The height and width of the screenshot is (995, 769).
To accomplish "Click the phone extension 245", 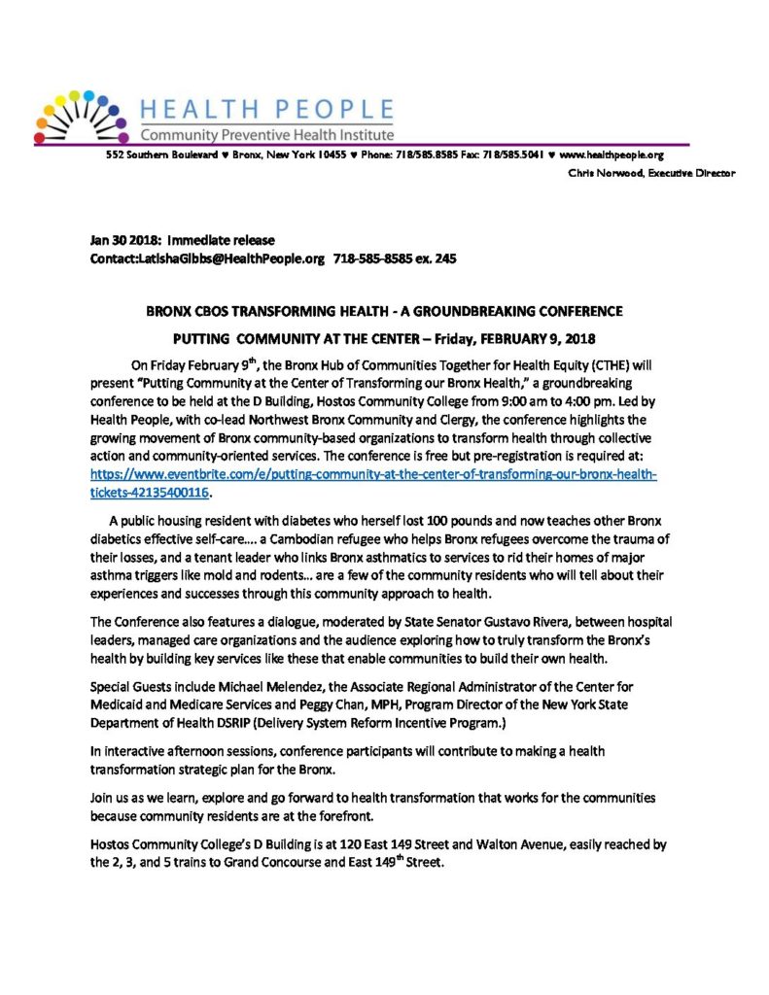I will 443,258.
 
